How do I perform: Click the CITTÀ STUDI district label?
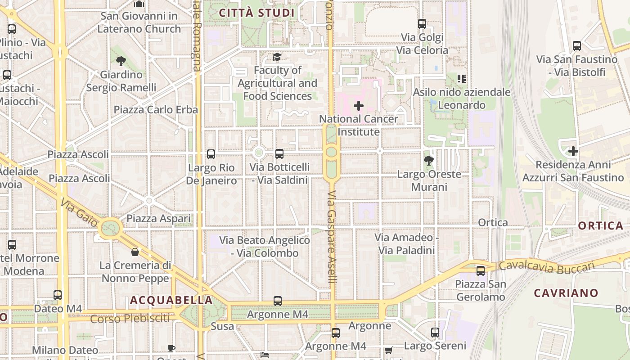coord(256,13)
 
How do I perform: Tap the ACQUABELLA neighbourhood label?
coord(171,300)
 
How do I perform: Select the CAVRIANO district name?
coord(566,293)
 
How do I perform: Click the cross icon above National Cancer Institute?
coord(359,106)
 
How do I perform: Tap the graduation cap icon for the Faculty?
coord(276,57)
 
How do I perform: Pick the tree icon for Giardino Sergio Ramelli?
coord(121,61)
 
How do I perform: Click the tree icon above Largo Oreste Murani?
coord(429,160)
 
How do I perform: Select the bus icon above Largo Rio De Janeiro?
coord(211,154)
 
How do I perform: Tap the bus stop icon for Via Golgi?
coord(422,24)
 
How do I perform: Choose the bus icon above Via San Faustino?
coord(576,46)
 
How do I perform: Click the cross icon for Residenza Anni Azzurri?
coord(573,151)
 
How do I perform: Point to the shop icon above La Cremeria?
coord(135,252)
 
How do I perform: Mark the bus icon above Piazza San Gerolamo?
coord(481,270)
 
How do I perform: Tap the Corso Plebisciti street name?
coord(130,319)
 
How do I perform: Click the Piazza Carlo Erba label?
coord(156,110)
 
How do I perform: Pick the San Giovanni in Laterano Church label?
coord(139,22)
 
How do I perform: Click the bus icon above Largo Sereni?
coord(435,333)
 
